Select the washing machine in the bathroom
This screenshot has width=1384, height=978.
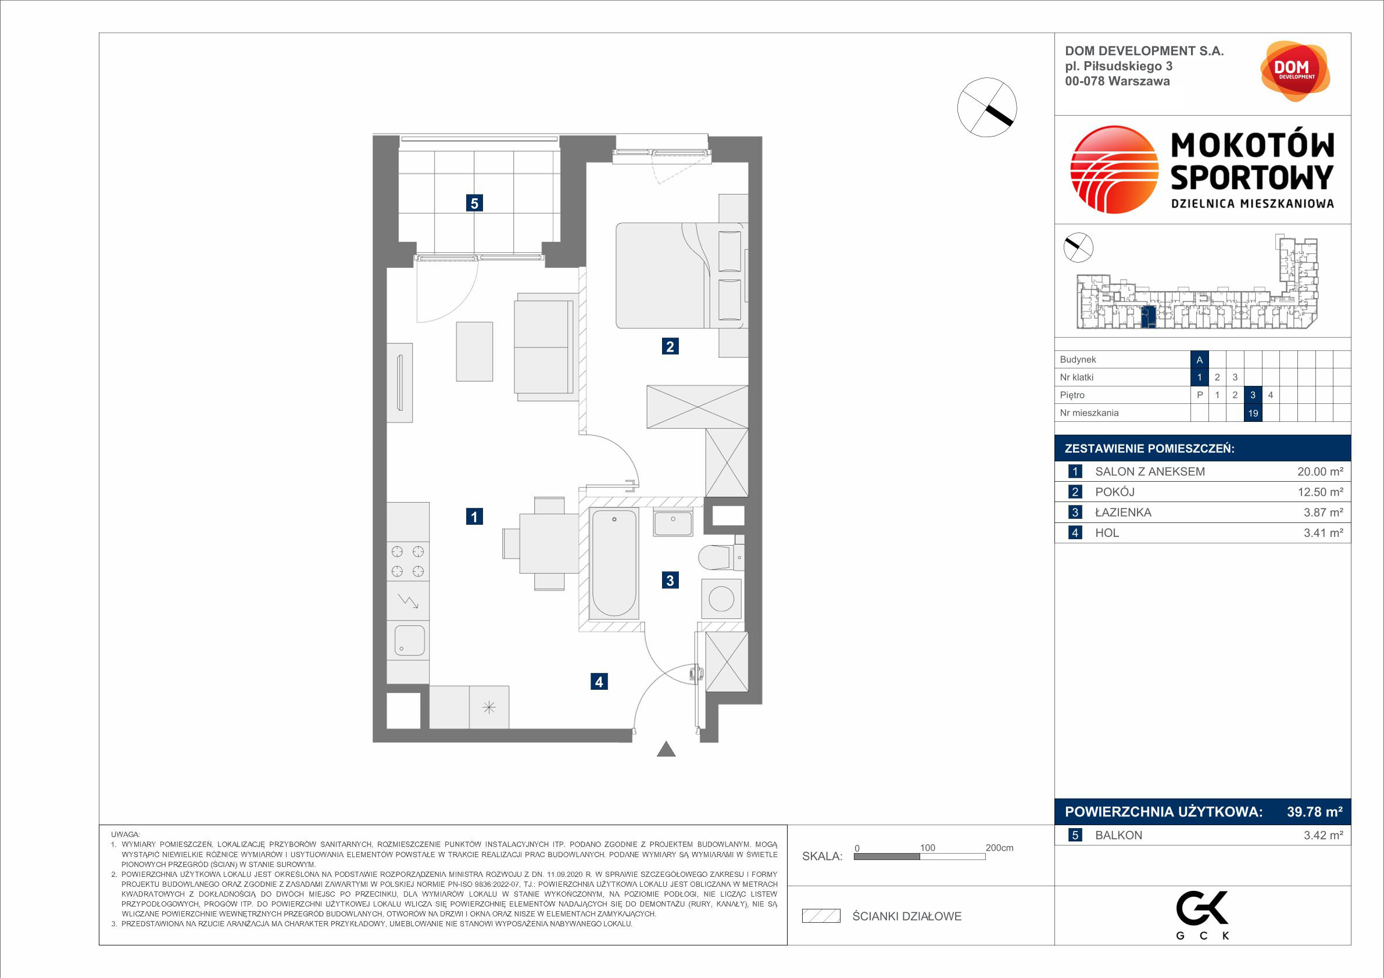point(721,599)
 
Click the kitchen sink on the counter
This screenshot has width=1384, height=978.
point(409,640)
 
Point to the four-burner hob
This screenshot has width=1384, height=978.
point(407,561)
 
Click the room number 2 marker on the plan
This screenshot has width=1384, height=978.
point(670,346)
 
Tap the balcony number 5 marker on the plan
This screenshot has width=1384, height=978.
point(474,203)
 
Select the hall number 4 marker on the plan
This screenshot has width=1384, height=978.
point(599,682)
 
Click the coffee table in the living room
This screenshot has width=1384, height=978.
point(474,352)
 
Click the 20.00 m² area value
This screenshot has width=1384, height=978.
point(1320,472)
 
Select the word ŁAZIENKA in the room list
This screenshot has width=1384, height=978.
point(1123,512)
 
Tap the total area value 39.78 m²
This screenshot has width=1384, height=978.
point(1315,812)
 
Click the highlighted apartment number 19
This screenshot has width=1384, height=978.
point(1253,413)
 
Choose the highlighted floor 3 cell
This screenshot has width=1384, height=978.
point(1253,395)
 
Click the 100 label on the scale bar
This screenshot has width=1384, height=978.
point(927,848)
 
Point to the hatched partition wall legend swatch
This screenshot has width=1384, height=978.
point(821,916)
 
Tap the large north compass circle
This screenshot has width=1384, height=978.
point(987,108)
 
